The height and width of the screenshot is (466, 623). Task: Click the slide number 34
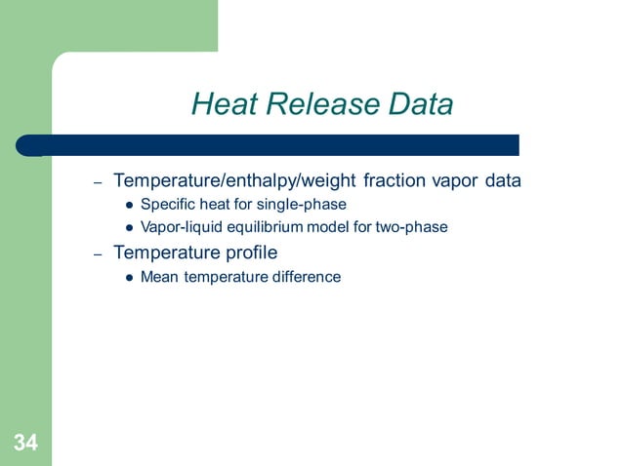pos(25,445)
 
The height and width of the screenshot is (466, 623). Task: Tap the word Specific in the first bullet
pos(166,205)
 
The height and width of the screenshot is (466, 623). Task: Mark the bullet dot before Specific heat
pos(129,206)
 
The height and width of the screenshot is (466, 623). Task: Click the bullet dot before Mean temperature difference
pos(129,278)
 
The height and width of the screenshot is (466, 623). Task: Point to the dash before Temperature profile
pos(98,254)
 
